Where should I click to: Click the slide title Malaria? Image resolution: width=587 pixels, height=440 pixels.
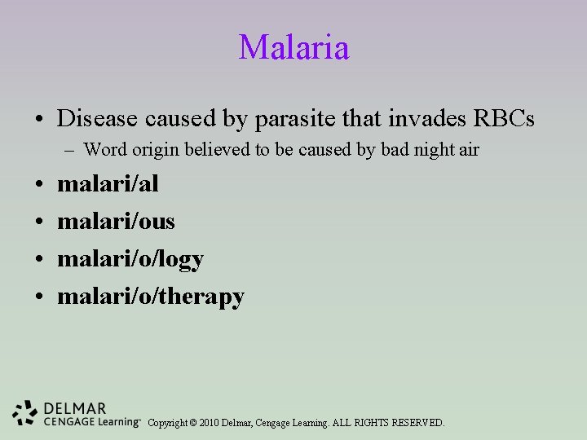pyautogui.click(x=293, y=47)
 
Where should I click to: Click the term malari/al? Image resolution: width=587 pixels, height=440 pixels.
pyautogui.click(x=108, y=183)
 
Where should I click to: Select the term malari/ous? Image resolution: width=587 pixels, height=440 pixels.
pyautogui.click(x=116, y=221)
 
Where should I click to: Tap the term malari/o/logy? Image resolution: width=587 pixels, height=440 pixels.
pyautogui.click(x=130, y=259)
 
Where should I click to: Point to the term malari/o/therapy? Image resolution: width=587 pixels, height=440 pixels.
pyautogui.click(x=151, y=297)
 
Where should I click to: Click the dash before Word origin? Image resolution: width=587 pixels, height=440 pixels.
pyautogui.click(x=72, y=150)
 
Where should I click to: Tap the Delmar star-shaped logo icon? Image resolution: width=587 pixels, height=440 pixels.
pyautogui.click(x=25, y=413)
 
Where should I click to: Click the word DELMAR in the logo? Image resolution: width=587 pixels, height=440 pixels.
pyautogui.click(x=75, y=407)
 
